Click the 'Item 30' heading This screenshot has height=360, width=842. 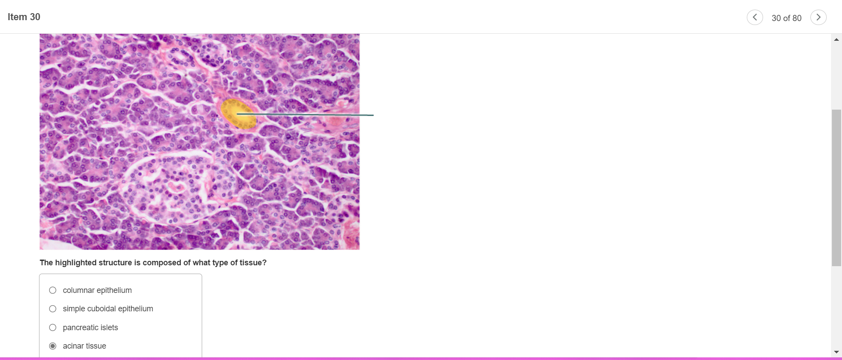tap(24, 17)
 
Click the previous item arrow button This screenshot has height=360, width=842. tap(755, 18)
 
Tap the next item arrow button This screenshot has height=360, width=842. tap(818, 18)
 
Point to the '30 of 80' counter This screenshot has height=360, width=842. tap(786, 18)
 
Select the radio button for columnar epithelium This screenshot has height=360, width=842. tap(53, 290)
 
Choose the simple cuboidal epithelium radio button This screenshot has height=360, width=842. tap(53, 309)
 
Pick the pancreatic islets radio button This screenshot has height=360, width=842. tap(53, 328)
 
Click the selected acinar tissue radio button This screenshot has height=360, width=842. tap(53, 346)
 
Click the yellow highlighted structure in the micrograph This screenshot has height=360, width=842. tap(238, 114)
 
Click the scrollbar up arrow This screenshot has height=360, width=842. tap(836, 39)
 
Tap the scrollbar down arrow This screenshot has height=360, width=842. tap(836, 352)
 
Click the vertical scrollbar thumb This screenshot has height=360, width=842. tap(836, 188)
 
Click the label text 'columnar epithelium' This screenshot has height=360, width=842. tap(97, 290)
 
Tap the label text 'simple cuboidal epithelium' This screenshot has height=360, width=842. tap(108, 309)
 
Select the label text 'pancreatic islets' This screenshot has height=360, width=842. tap(90, 328)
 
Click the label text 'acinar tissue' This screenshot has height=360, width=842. tap(85, 346)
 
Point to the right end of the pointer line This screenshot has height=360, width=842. tap(374, 115)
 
